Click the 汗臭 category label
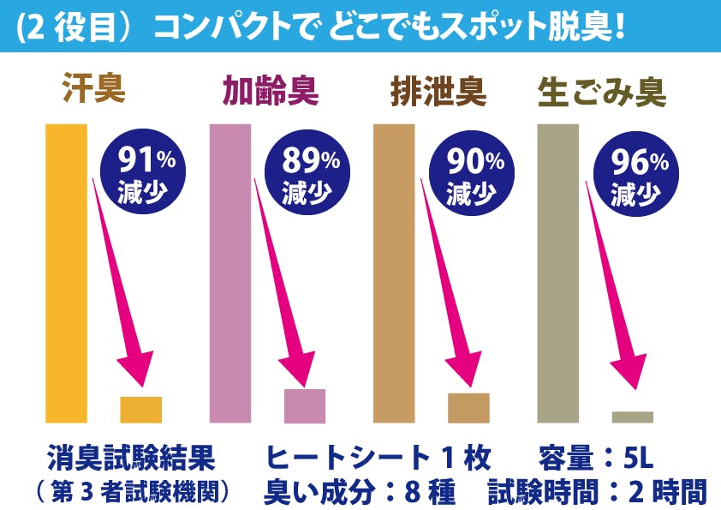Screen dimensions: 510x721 pos(94,89)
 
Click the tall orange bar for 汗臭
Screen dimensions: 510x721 pos(66,273)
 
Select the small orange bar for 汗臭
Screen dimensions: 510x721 pos(140,409)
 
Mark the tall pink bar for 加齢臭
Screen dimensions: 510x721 pos(230,273)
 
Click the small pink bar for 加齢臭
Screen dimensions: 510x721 pos(305,405)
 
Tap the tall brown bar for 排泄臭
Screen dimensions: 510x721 pos(394,273)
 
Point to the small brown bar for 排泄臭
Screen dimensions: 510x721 pos(468,407)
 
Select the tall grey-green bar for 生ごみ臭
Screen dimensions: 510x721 pos(557,273)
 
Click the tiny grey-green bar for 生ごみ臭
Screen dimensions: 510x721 pos(632,417)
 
